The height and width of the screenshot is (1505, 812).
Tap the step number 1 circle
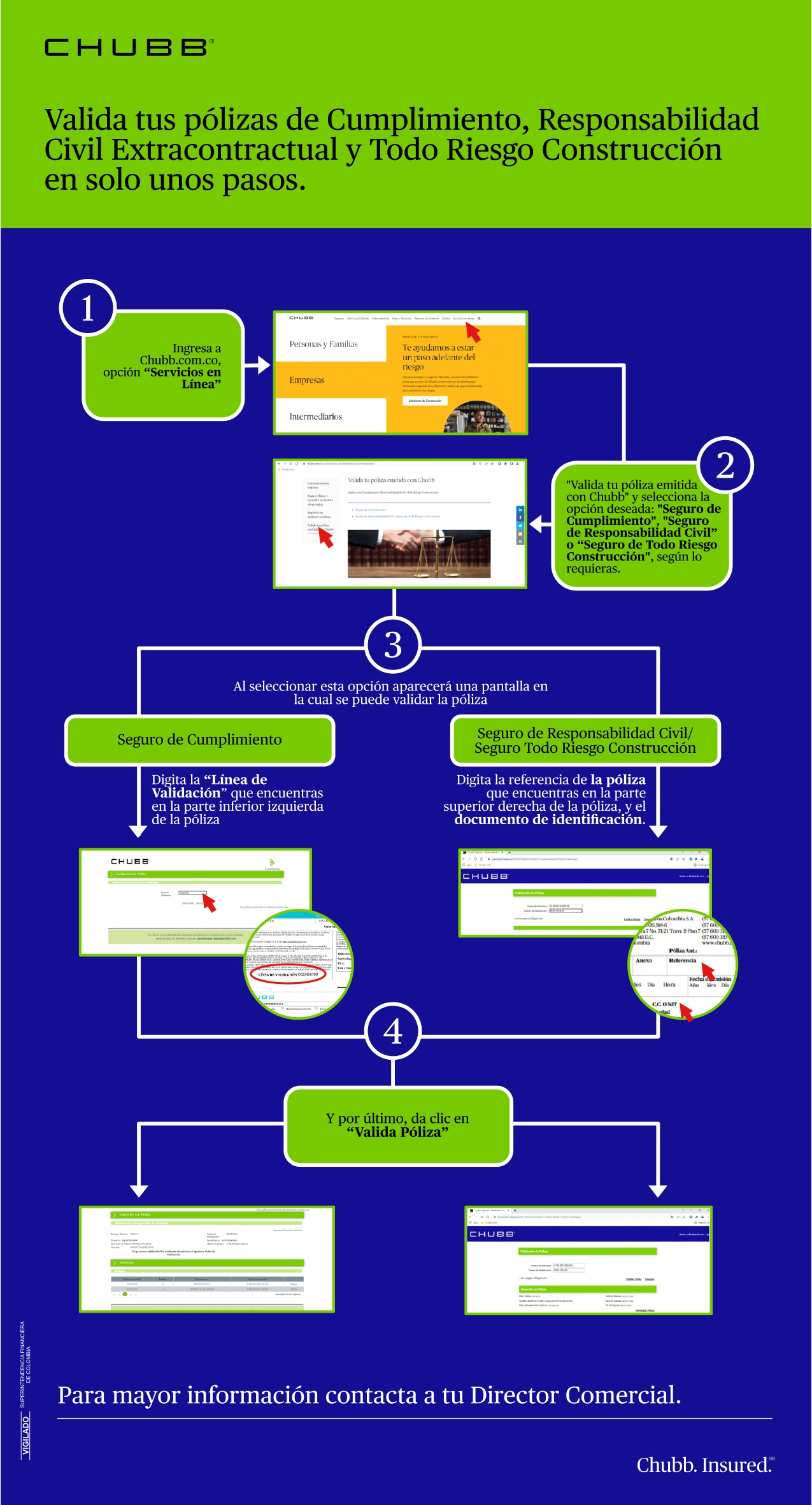pyautogui.click(x=88, y=308)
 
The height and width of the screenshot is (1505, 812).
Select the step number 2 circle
pyautogui.click(x=725, y=466)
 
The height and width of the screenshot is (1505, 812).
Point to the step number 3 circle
pyautogui.click(x=393, y=645)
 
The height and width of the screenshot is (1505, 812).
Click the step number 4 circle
pyautogui.click(x=393, y=1031)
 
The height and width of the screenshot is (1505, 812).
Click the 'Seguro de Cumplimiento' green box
pyautogui.click(x=199, y=740)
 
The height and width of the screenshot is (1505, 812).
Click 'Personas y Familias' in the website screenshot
pyautogui.click(x=324, y=344)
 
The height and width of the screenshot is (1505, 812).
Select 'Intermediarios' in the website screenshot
pyautogui.click(x=316, y=417)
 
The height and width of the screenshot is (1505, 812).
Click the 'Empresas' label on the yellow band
pyautogui.click(x=307, y=380)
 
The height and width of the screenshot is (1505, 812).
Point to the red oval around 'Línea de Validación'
pyautogui.click(x=288, y=974)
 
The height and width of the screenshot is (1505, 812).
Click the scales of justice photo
pyautogui.click(x=419, y=554)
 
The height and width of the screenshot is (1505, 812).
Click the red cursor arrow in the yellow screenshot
pyautogui.click(x=473, y=332)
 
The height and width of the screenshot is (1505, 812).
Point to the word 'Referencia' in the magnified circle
pyautogui.click(x=682, y=960)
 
